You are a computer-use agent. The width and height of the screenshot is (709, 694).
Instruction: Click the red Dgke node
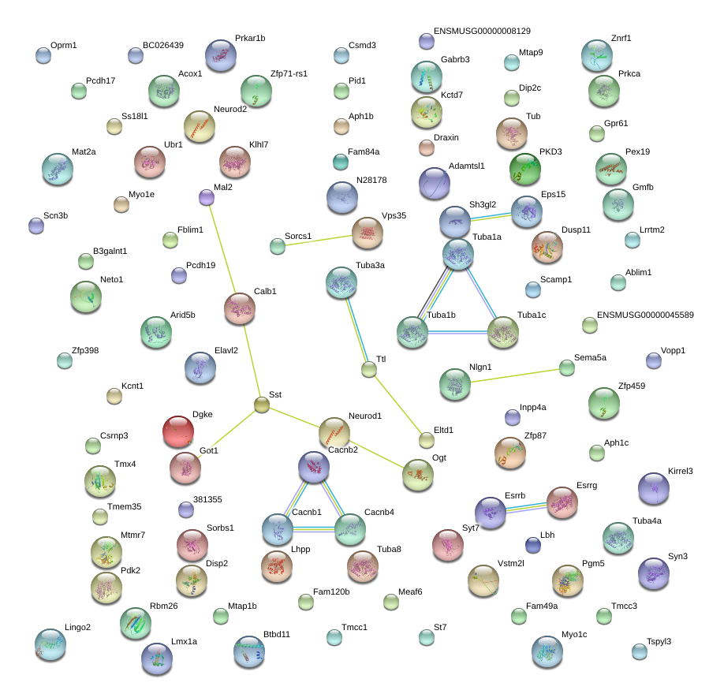[178, 431]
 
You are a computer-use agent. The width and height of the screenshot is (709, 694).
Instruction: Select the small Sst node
[262, 405]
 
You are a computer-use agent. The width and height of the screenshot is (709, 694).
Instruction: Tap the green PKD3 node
[525, 169]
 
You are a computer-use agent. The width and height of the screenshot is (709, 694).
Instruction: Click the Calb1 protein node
[240, 309]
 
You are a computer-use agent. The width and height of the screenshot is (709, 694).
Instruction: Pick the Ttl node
[369, 369]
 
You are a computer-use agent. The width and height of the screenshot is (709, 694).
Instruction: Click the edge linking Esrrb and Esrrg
[526, 507]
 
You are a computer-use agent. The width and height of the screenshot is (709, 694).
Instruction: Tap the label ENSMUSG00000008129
[482, 32]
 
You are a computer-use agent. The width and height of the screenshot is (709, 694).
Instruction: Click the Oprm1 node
[43, 56]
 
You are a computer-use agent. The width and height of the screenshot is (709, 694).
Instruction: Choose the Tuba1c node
[503, 332]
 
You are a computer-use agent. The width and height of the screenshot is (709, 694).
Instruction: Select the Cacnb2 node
[314, 467]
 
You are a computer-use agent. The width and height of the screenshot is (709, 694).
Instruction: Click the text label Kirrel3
[680, 471]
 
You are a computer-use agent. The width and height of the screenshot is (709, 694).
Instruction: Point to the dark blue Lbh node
[533, 545]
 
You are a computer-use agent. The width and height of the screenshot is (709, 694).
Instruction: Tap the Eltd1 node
[427, 440]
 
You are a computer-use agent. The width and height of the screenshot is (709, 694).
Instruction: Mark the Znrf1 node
[597, 56]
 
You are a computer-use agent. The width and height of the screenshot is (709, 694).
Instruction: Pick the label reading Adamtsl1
[466, 166]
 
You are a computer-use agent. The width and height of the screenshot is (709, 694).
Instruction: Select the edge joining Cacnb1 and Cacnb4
[314, 529]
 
